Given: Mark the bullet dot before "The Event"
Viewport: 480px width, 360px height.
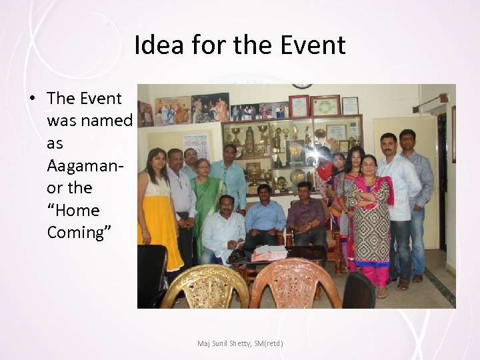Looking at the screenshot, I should [x=32, y=99].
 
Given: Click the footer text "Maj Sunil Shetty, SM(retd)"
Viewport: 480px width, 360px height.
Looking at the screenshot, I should [x=240, y=343].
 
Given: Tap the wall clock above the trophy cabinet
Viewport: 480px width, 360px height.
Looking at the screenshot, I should [x=302, y=86].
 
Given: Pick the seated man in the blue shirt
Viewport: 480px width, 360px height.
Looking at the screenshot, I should [x=265, y=217].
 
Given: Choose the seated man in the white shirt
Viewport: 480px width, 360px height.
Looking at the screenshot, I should [x=223, y=227].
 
